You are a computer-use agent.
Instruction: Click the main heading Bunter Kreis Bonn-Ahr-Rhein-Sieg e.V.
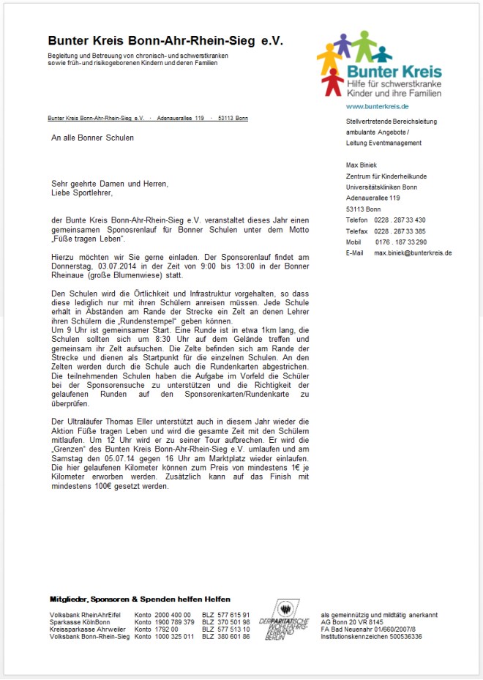pyautogui.click(x=165, y=41)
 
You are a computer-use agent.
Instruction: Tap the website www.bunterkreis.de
pyautogui.click(x=377, y=107)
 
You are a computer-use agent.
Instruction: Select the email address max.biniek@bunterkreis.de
pyautogui.click(x=413, y=253)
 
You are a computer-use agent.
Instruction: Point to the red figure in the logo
pyautogui.click(x=333, y=81)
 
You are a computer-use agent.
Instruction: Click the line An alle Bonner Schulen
pyautogui.click(x=93, y=138)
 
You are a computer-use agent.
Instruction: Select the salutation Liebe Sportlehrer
pyautogui.click(x=83, y=193)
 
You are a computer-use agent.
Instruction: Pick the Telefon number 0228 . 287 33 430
pyautogui.click(x=400, y=220)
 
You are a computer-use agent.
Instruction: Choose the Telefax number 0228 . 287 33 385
pyautogui.click(x=400, y=231)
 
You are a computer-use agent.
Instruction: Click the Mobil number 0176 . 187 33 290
pyautogui.click(x=400, y=242)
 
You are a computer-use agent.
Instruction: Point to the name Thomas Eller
pyautogui.click(x=130, y=421)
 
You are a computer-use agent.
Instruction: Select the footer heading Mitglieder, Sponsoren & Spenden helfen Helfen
pyautogui.click(x=140, y=599)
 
